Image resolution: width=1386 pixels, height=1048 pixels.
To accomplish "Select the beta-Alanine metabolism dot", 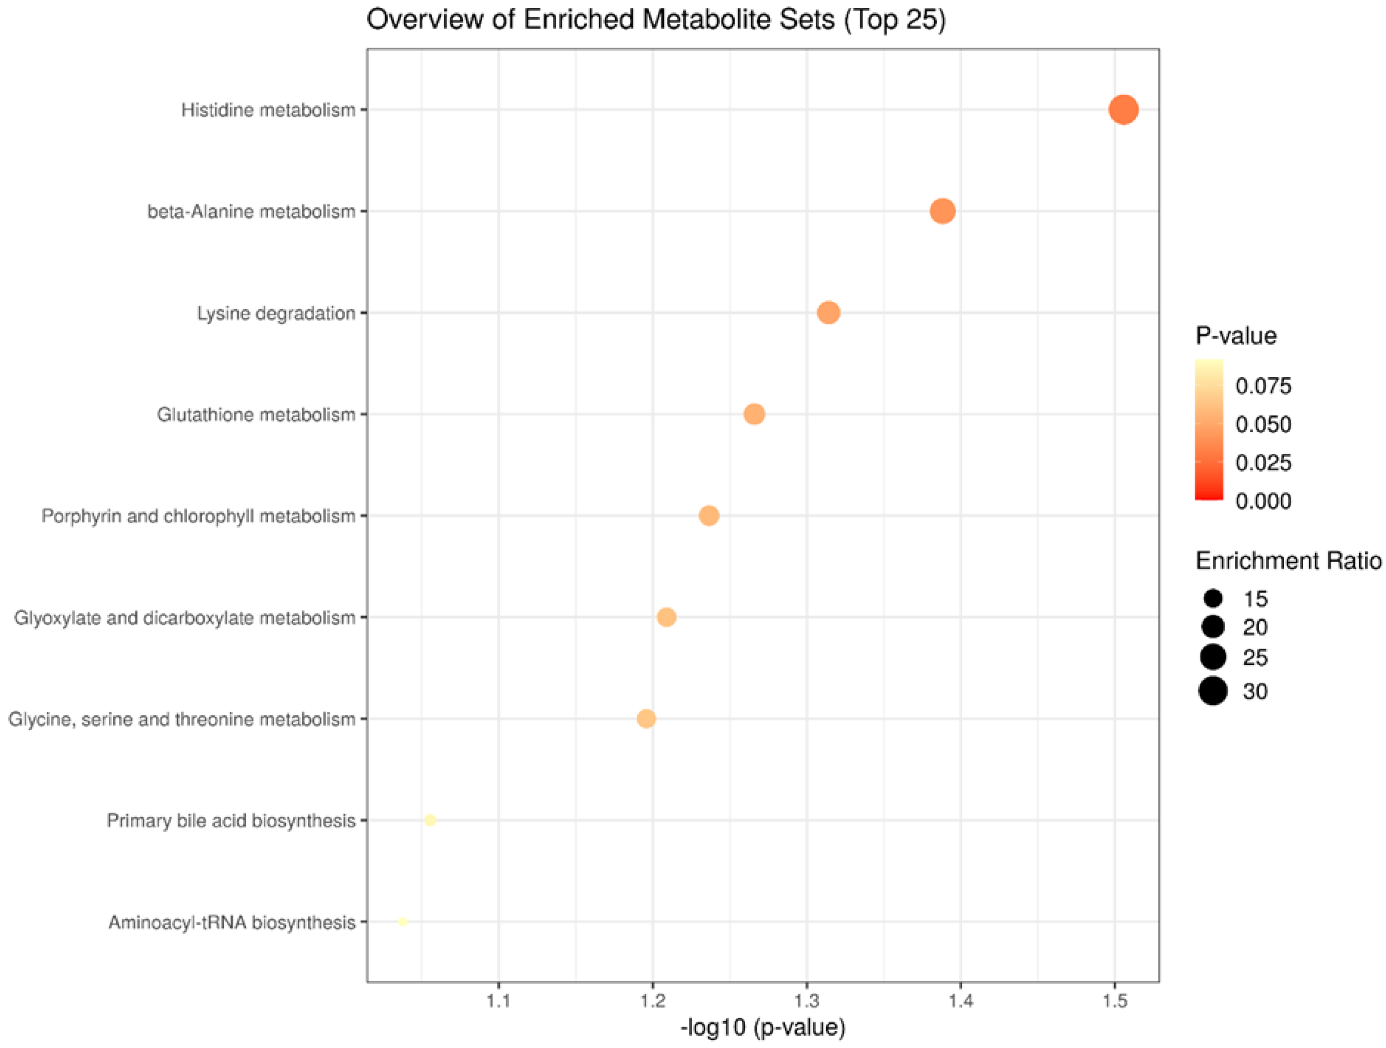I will (942, 211).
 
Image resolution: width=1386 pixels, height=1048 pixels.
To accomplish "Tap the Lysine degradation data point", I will (828, 312).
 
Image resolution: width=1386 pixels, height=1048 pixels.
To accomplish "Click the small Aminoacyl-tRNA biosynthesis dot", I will (403, 922).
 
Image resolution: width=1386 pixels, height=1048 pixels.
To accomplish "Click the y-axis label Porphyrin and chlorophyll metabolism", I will (198, 516).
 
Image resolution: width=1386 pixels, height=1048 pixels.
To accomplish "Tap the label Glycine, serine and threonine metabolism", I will (182, 719).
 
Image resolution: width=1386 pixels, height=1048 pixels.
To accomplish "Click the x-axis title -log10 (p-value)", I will (762, 1028).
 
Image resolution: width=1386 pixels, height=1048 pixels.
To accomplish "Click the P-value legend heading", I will (1236, 336).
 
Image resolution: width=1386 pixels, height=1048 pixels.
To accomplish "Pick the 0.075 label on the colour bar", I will (1263, 385).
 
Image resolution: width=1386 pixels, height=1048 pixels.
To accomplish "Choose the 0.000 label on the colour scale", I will (1263, 501).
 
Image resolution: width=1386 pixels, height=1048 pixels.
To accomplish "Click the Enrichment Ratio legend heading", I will (1288, 560).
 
